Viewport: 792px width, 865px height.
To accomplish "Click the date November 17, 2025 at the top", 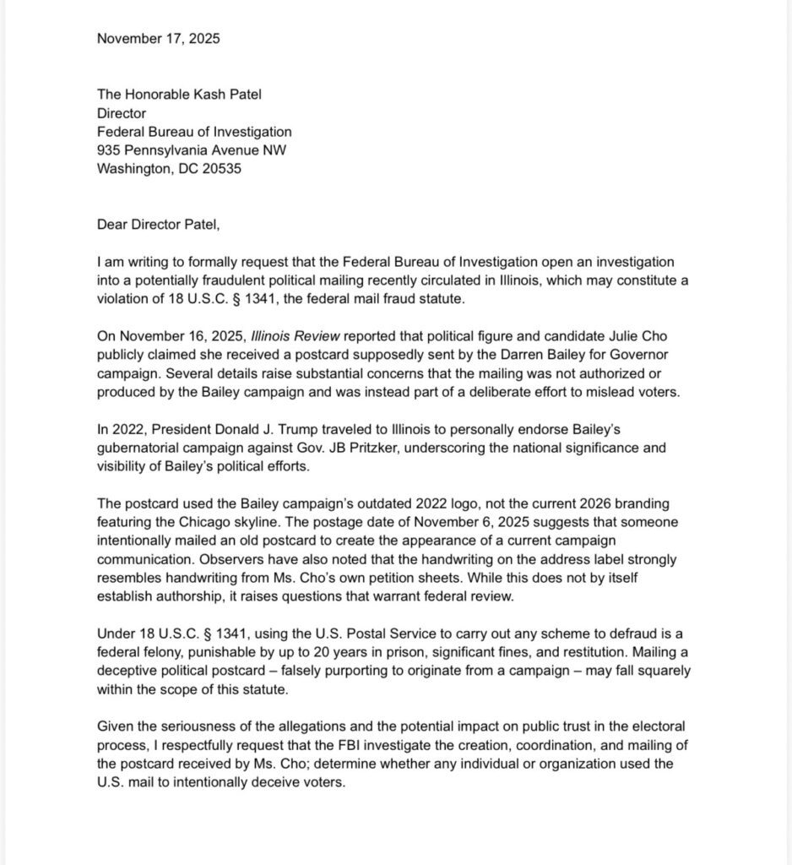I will tap(159, 38).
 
